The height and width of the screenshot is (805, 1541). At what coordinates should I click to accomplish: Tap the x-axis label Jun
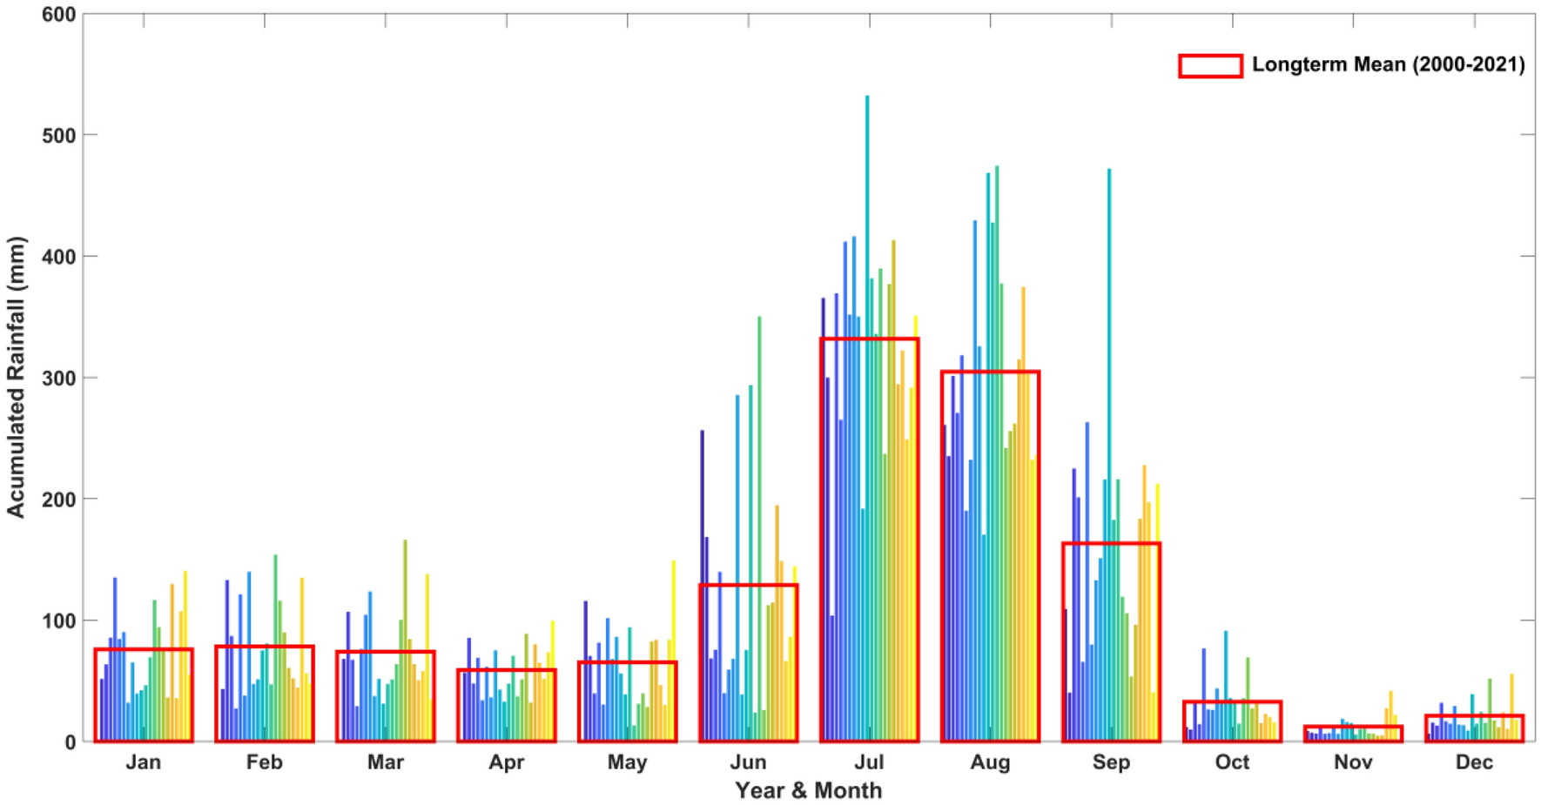(x=748, y=762)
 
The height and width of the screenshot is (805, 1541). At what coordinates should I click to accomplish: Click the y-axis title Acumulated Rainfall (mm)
(x=17, y=377)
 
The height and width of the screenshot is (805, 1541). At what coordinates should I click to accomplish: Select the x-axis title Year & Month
(x=808, y=790)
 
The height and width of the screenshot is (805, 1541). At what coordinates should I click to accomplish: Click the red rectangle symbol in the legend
(x=1210, y=65)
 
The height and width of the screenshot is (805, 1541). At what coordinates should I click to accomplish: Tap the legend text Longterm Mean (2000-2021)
(x=1388, y=64)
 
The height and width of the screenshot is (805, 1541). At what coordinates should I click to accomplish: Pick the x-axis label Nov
(x=1353, y=762)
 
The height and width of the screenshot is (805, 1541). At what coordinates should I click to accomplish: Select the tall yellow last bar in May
(x=673, y=627)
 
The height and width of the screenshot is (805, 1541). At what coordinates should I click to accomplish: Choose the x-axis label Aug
(x=990, y=762)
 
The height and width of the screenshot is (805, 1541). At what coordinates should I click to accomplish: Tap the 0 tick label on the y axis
(x=71, y=742)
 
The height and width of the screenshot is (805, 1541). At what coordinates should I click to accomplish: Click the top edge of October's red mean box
(x=1232, y=701)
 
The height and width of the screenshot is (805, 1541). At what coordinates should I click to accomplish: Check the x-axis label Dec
(x=1474, y=762)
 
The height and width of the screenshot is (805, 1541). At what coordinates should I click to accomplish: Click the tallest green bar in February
(x=275, y=627)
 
